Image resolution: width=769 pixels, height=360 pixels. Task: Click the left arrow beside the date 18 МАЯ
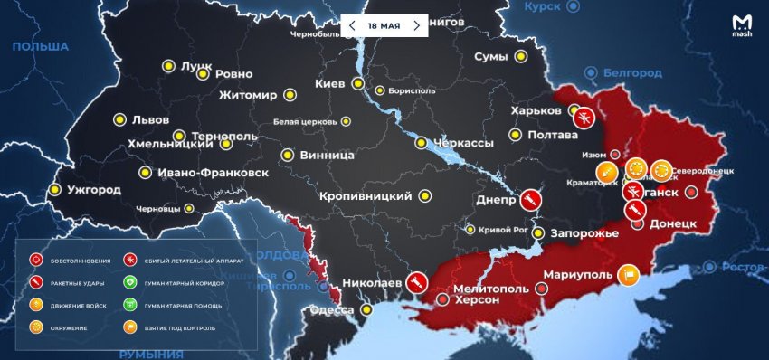pos(352,25)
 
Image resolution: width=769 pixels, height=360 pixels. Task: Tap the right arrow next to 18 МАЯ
pos(416,25)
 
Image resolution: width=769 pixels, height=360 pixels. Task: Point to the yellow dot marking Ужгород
pos(55,190)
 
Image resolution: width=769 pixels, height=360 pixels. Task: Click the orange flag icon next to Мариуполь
pos(628,274)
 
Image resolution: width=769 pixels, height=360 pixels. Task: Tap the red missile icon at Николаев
pos(416,283)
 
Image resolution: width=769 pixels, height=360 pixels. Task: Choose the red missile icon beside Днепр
pos(531,198)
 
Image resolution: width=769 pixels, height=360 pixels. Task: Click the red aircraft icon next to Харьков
pos(584,116)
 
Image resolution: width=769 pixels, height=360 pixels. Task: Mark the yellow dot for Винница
pos(287,155)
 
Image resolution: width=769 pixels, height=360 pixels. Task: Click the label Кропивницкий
pos(366,196)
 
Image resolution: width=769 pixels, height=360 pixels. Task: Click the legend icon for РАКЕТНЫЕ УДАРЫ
pos(36,282)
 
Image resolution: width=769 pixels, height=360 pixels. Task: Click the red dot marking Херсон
pos(441,298)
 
